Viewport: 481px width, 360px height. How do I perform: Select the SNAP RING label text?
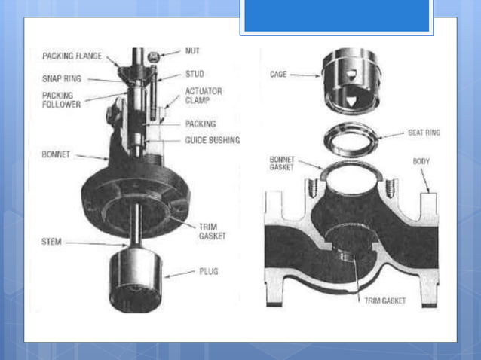click(x=63, y=78)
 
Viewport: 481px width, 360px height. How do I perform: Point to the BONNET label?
click(x=57, y=154)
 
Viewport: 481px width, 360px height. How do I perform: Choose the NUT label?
click(x=192, y=52)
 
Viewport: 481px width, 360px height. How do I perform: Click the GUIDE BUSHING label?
click(x=212, y=140)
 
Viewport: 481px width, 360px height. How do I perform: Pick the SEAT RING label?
click(x=424, y=132)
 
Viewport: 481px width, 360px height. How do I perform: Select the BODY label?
click(x=421, y=161)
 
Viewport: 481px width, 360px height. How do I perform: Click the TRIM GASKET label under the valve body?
click(x=384, y=301)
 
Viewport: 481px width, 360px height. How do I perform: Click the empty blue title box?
click(x=337, y=16)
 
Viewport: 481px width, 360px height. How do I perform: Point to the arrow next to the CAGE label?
click(x=306, y=75)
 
